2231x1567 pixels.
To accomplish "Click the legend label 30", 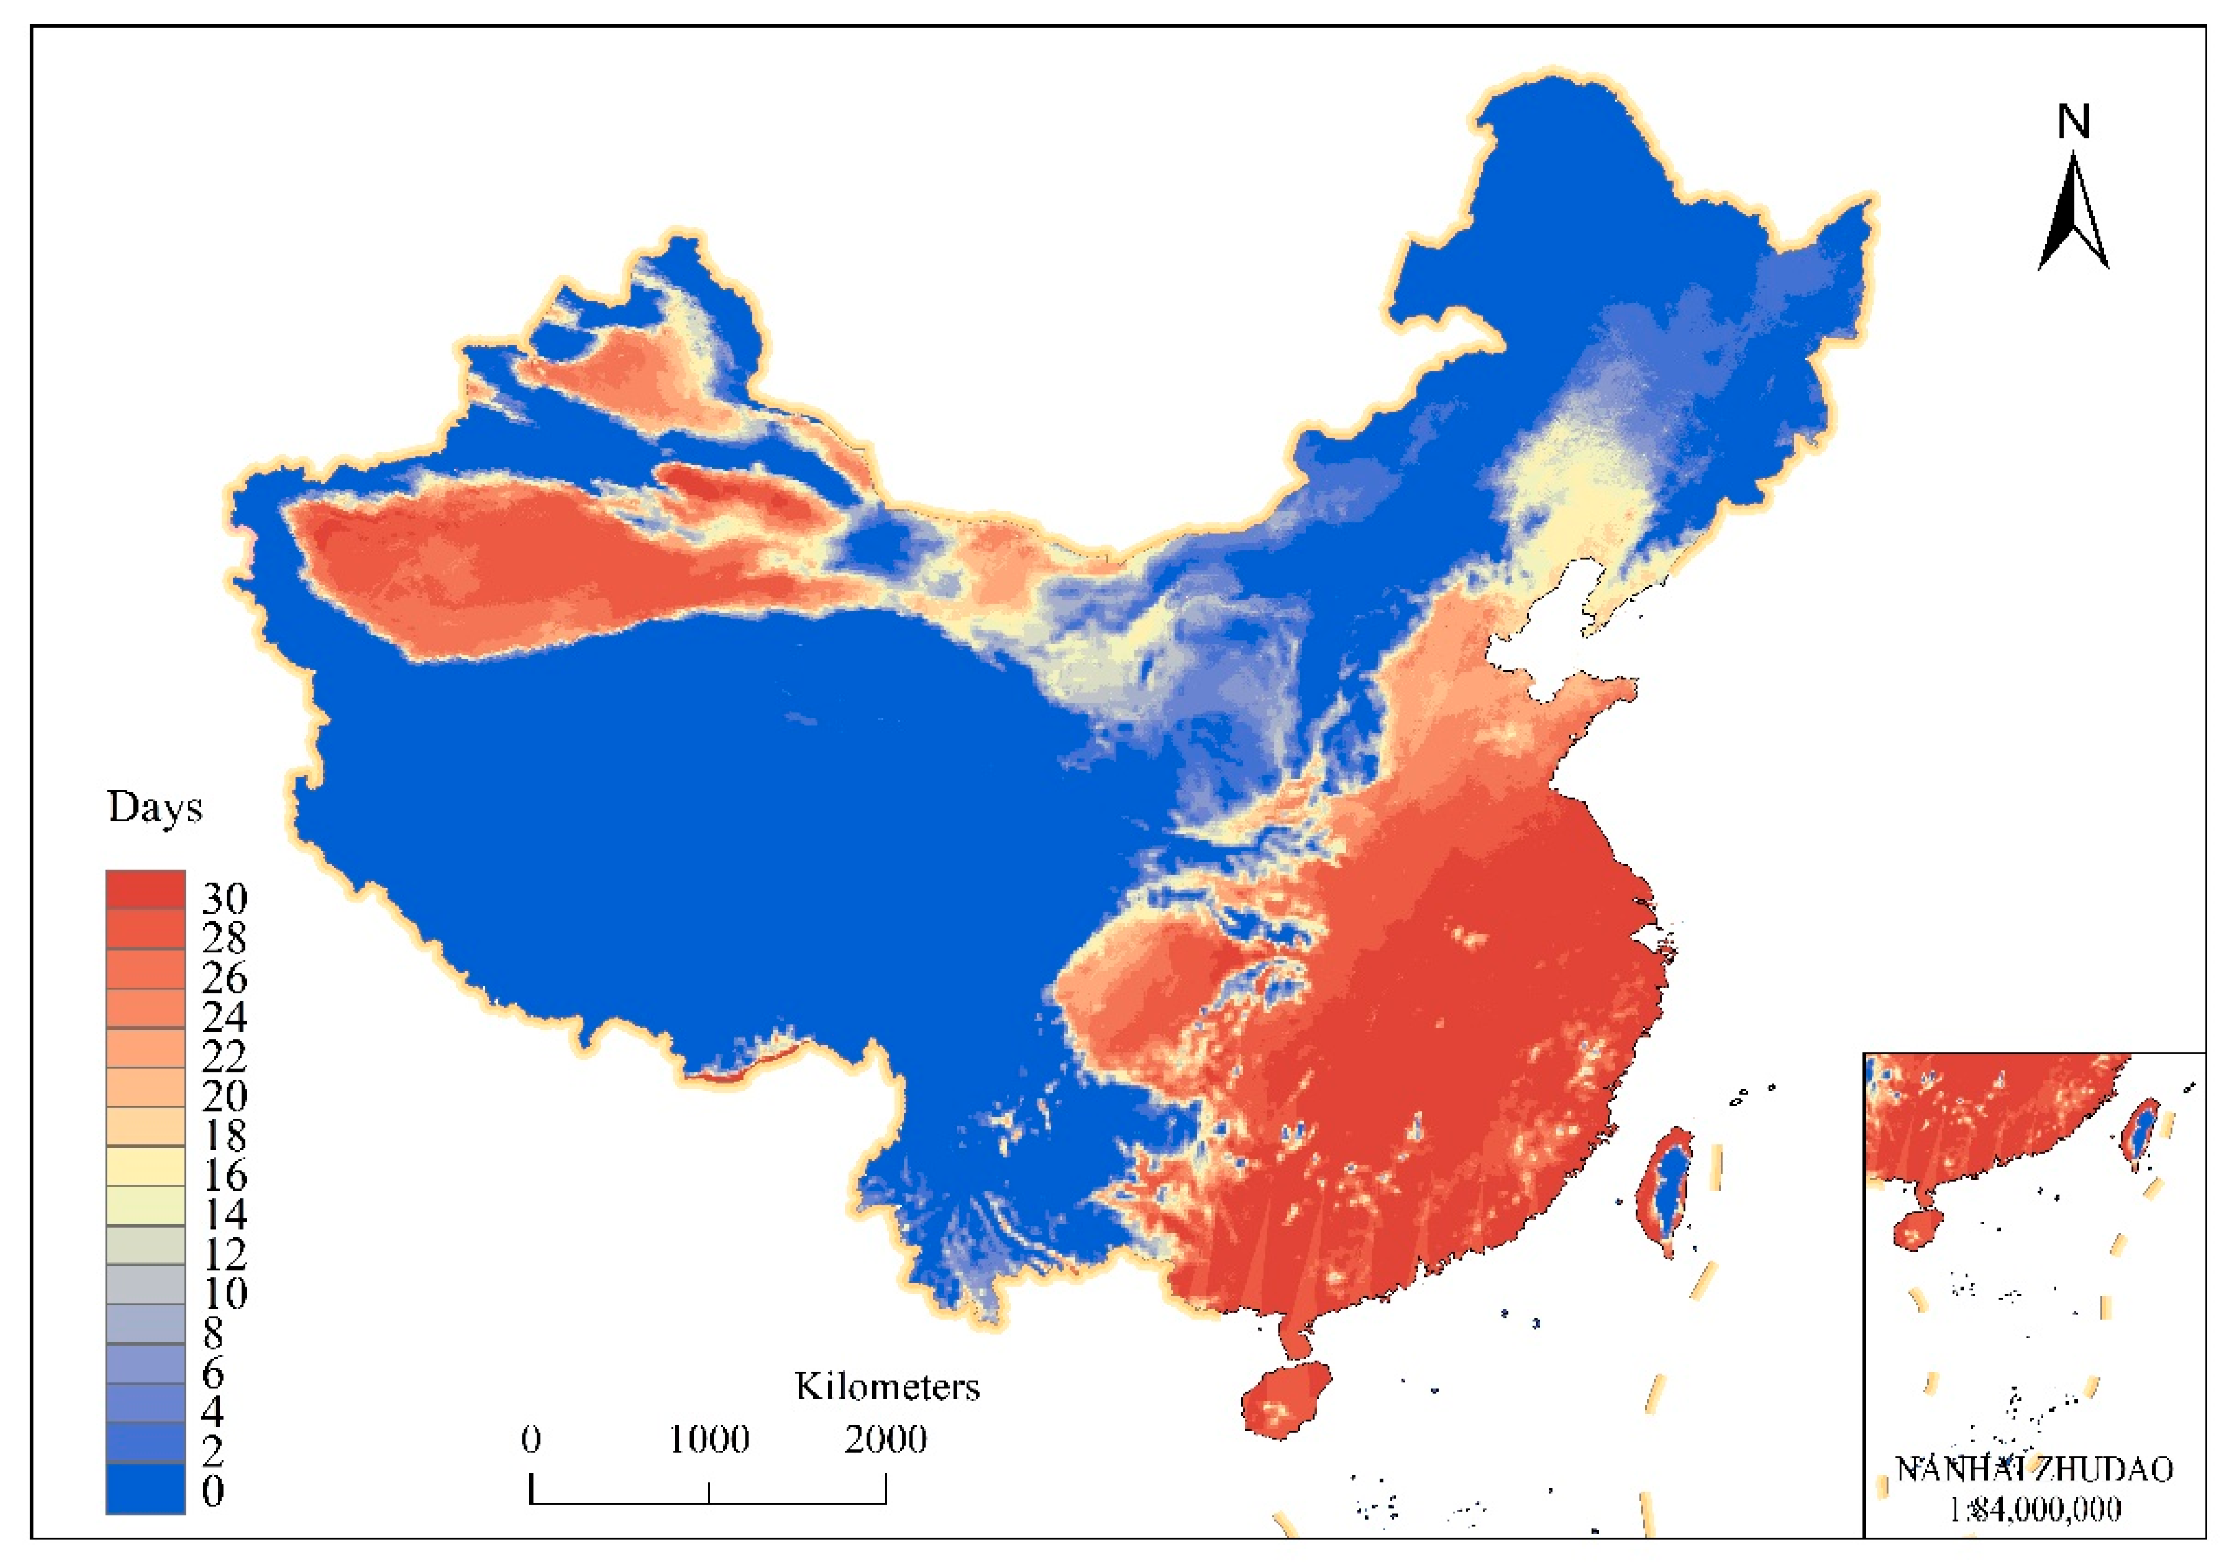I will [x=224, y=897].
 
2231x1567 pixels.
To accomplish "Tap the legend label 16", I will [x=224, y=1175].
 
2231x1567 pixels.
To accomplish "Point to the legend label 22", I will [x=224, y=1056].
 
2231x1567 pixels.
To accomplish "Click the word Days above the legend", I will [x=155, y=807].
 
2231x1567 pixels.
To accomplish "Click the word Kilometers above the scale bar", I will [x=886, y=1386].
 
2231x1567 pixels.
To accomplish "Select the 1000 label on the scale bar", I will [x=708, y=1439].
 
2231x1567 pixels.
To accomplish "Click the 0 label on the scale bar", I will [x=531, y=1439].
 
